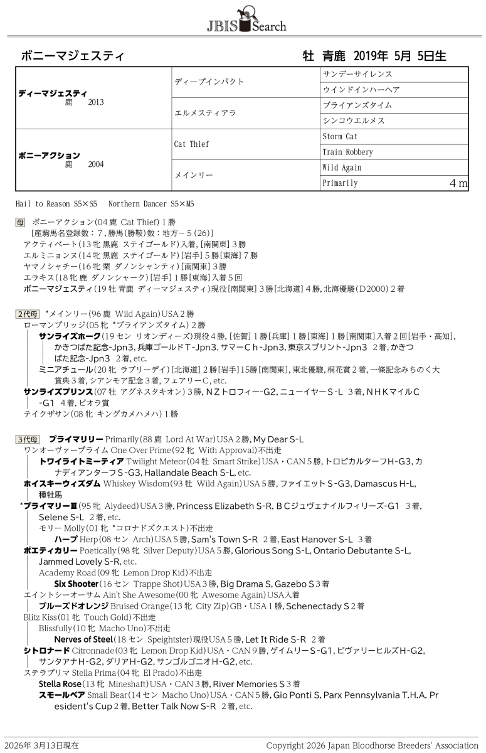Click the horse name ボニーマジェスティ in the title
pyautogui.click(x=73, y=56)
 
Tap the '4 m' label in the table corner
pyautogui.click(x=458, y=183)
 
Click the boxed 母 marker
pyautogui.click(x=20, y=223)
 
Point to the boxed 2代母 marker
pyautogui.click(x=28, y=314)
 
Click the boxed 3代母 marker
pyautogui.click(x=28, y=439)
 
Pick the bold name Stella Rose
pyautogui.click(x=60, y=683)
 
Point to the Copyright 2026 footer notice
pyautogui.click(x=372, y=745)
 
